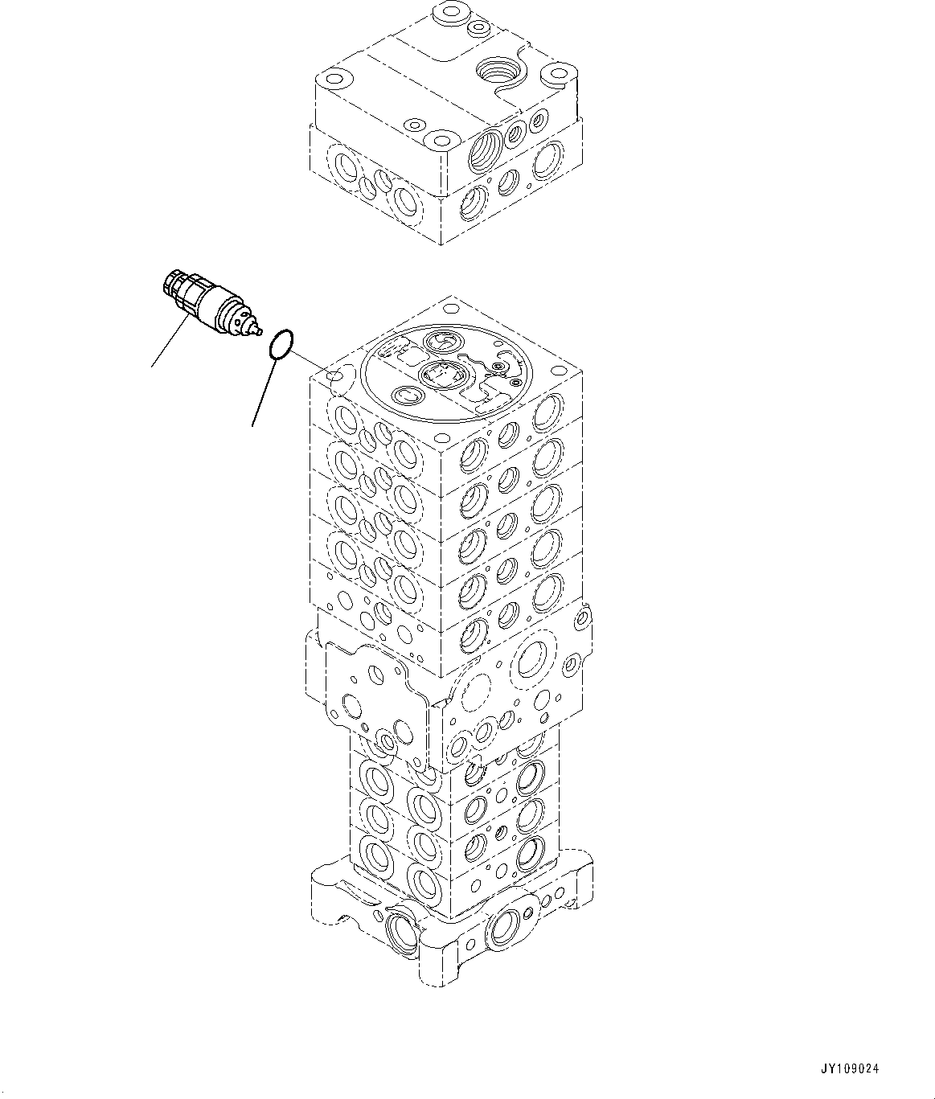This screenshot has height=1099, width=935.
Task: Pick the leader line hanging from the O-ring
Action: click(265, 393)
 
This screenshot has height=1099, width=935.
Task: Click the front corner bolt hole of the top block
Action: click(441, 143)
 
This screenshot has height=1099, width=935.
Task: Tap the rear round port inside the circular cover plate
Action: click(441, 342)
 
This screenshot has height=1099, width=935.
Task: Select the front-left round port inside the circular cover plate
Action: click(407, 396)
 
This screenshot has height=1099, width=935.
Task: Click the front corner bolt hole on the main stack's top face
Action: click(440, 443)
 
